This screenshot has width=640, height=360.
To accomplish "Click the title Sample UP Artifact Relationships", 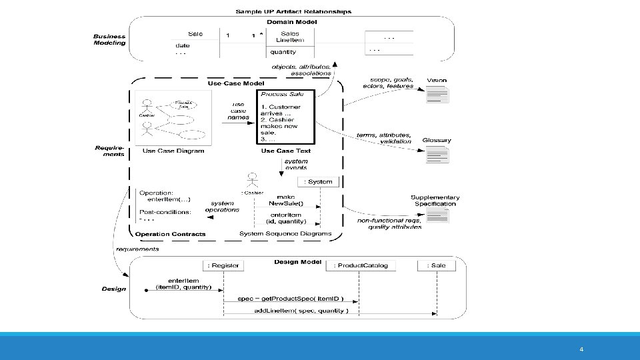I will point(293,11).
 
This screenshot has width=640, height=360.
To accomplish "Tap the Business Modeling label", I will point(109,39).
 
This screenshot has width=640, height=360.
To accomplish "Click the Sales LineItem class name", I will point(290,37).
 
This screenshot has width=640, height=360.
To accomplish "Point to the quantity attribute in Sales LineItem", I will point(283,52).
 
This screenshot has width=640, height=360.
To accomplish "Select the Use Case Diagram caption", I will point(173,151).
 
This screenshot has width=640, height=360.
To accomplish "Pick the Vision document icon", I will point(438,95).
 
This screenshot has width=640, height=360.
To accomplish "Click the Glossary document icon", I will point(437,155).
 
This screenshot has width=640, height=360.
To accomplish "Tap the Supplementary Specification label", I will point(435,201).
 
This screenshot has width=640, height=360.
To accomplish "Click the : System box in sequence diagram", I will point(321,181).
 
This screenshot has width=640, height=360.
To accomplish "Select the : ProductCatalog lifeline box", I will point(361,265).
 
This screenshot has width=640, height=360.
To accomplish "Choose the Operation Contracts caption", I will point(170,234).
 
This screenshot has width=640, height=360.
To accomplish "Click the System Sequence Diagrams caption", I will point(285,233).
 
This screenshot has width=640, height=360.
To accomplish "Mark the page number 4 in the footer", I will point(581,349).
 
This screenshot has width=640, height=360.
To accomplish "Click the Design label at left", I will point(113,289).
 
